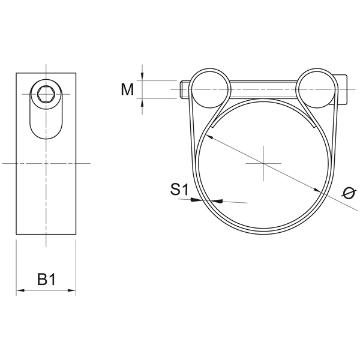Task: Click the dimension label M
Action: click(127, 89)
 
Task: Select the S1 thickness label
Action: click(179, 190)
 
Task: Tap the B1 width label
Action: click(46, 279)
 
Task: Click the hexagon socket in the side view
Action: click(46, 94)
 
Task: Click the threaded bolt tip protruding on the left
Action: click(184, 90)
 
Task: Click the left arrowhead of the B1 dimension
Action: click(20, 292)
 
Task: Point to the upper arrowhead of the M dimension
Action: click(142, 76)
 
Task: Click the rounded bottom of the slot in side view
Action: click(46, 135)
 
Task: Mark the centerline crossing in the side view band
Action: click(46, 163)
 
